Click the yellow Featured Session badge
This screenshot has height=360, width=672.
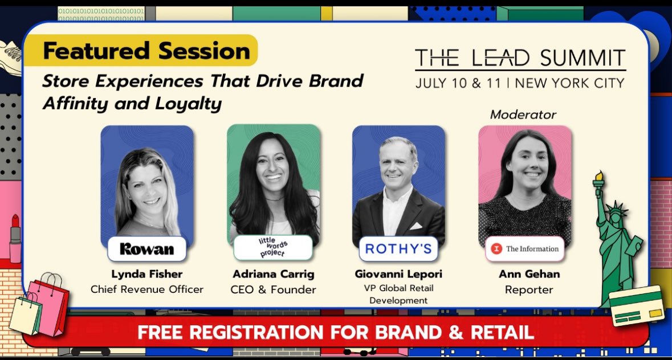tap(146, 51)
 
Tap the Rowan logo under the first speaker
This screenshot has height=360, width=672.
tap(147, 249)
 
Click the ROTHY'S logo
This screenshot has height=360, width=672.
tap(398, 249)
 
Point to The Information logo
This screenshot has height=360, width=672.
tap(525, 249)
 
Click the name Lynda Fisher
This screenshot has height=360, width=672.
tap(146, 274)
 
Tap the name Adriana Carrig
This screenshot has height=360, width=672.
tap(273, 274)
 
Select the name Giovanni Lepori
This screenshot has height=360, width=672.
tap(398, 274)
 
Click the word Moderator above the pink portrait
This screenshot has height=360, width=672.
tap(523, 114)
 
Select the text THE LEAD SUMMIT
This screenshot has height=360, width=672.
tap(520, 58)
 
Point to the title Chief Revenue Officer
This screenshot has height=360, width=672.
tap(146, 289)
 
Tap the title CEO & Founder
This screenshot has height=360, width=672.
tap(273, 289)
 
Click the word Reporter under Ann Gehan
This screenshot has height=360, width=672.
tap(529, 289)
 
